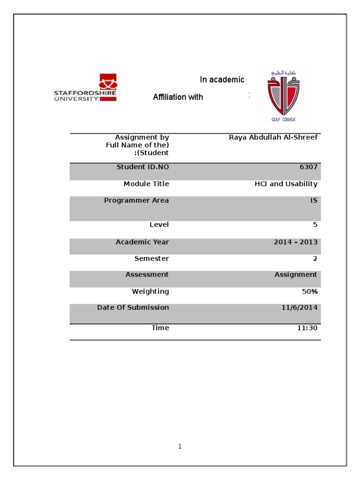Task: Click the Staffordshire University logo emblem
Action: click(108, 83)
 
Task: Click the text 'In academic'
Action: click(222, 80)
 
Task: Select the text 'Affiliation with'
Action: click(178, 97)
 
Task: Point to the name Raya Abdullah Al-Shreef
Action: click(273, 137)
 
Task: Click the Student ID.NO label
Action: click(142, 167)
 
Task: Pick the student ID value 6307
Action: click(308, 167)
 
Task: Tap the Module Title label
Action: click(146, 184)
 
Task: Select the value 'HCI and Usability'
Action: click(286, 184)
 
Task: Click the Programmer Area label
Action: click(136, 201)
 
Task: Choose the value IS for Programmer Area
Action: click(314, 201)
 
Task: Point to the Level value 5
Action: click(315, 225)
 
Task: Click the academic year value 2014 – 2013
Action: click(295, 242)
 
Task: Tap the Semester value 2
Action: click(315, 258)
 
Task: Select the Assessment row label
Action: click(147, 275)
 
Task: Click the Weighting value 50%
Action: click(309, 292)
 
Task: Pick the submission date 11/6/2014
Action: click(300, 307)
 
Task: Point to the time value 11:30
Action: click(307, 328)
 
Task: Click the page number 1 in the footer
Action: click(180, 446)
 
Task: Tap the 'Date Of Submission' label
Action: click(133, 307)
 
